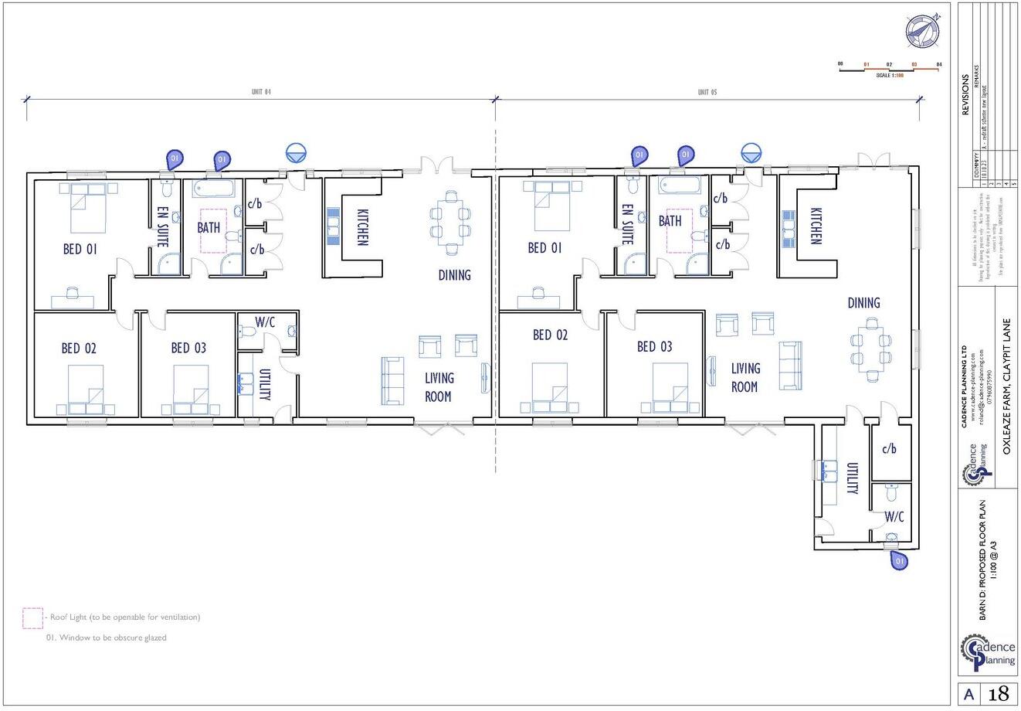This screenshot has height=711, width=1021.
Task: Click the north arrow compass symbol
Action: (x=923, y=29)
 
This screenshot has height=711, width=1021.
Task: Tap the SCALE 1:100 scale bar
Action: (x=890, y=70)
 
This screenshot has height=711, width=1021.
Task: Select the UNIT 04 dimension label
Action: (x=262, y=92)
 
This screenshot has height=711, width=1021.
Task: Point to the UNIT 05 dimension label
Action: (x=707, y=92)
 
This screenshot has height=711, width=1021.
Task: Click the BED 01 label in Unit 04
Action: (x=80, y=250)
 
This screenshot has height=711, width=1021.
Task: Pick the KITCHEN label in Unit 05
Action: (x=816, y=226)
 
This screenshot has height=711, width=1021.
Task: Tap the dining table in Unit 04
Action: (x=449, y=220)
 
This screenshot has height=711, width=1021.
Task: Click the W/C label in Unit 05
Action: (x=894, y=515)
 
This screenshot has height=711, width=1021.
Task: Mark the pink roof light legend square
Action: (x=32, y=617)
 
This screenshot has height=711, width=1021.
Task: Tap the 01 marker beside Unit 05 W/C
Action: (x=899, y=560)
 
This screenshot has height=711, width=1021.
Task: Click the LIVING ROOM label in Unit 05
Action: (x=745, y=377)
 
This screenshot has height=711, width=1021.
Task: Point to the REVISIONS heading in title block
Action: (x=965, y=95)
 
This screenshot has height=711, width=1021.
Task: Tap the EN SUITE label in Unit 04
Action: (x=163, y=226)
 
